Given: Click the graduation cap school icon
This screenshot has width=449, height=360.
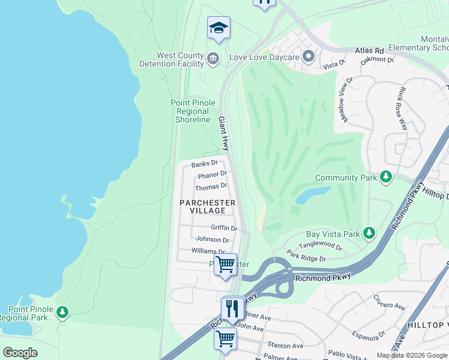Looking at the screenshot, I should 218,28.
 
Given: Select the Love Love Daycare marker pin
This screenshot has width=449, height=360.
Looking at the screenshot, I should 309,57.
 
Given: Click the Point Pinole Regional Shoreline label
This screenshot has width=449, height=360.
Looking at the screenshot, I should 193,111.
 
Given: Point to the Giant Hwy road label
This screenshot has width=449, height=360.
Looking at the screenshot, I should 223,133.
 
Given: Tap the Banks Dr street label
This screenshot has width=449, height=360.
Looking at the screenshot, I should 204,164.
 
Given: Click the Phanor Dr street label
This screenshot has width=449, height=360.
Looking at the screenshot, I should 212,175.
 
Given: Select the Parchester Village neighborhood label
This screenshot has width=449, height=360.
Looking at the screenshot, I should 208,207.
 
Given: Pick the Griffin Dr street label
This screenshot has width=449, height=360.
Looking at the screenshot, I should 224,228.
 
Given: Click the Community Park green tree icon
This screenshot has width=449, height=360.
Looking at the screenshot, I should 386,177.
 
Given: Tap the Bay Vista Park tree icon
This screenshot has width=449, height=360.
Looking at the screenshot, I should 369,232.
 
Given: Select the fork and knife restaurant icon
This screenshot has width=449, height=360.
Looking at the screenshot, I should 232,308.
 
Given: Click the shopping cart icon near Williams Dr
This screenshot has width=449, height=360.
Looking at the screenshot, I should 226,263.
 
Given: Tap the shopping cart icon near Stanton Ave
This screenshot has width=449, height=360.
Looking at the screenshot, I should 226,339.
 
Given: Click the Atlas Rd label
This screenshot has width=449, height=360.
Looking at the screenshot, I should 369,51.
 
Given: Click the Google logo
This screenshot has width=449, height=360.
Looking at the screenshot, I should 20,353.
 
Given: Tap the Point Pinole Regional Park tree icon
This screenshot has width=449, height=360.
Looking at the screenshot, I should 62,311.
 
